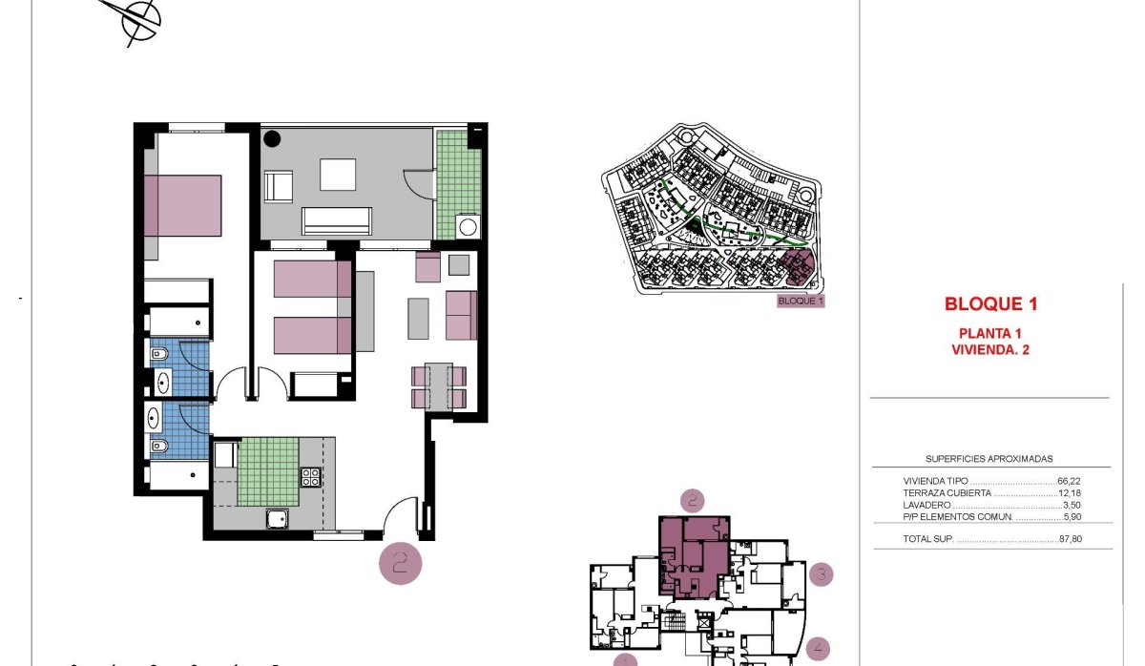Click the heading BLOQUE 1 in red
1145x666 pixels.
(990, 305)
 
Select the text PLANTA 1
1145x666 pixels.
(990, 333)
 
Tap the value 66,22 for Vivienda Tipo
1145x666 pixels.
(1070, 482)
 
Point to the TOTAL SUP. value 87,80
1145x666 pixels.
(1070, 540)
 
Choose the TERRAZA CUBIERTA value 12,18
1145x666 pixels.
(1070, 493)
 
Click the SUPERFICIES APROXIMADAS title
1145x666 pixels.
(989, 459)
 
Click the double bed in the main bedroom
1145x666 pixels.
(184, 205)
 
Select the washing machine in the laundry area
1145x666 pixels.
(468, 227)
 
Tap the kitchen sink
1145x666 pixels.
(278, 518)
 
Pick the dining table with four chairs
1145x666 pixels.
(439, 386)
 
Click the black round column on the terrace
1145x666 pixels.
(272, 138)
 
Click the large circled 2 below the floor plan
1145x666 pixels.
(401, 563)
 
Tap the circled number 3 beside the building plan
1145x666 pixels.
(822, 574)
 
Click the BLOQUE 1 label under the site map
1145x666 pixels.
(801, 301)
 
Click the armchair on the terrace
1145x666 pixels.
(278, 186)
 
